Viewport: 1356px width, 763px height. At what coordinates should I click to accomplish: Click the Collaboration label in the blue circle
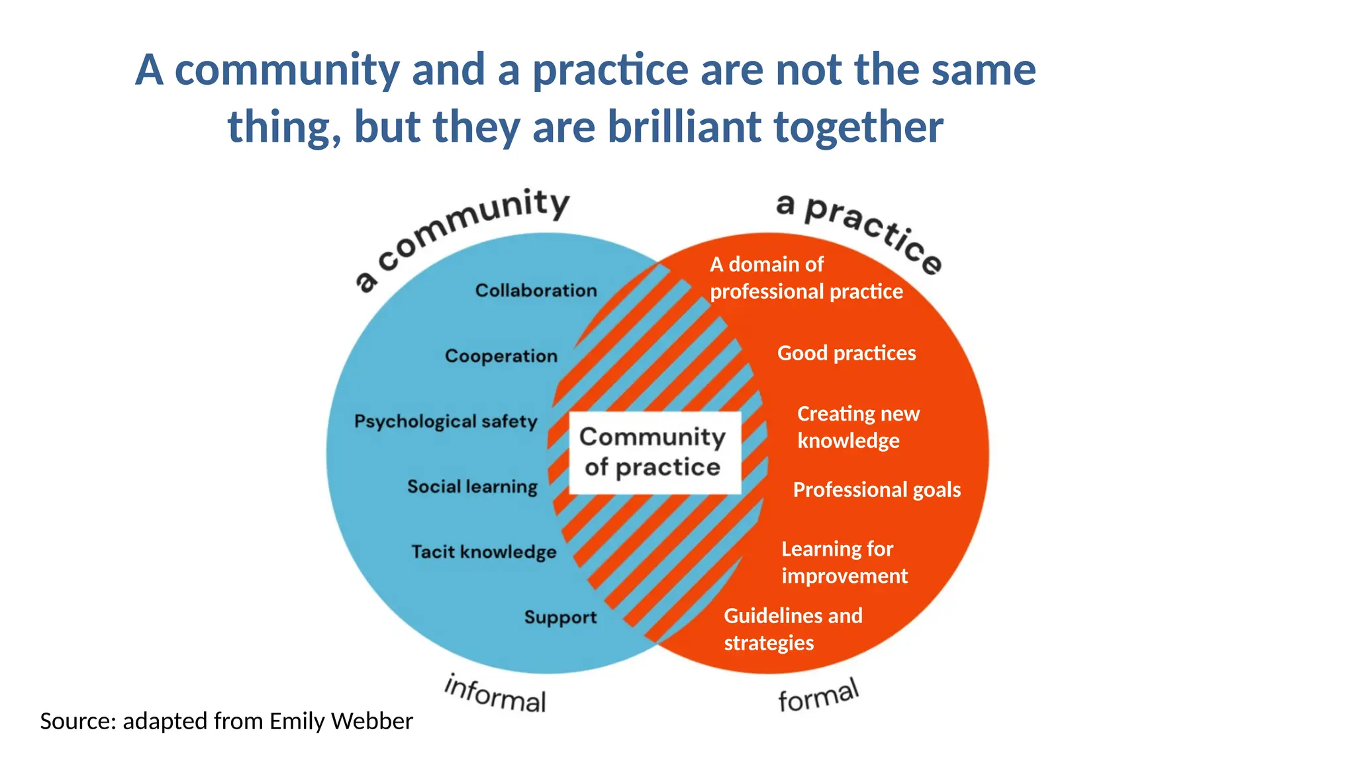[536, 290]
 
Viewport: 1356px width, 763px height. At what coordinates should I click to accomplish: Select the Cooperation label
[501, 356]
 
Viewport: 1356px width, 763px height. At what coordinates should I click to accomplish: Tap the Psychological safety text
[446, 421]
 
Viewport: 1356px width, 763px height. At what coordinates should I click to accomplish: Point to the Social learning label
[472, 486]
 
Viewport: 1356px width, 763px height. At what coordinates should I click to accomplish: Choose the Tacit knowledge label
[483, 552]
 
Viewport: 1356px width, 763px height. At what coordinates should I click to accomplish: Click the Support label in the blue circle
[560, 617]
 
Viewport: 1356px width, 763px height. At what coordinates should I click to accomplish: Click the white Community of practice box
[654, 452]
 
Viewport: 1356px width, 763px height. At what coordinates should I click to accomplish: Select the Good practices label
[846, 353]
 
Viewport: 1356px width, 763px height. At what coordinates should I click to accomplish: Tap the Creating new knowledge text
[857, 427]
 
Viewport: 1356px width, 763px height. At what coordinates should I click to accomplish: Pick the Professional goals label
[877, 489]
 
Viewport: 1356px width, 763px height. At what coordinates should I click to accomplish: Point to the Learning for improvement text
[844, 562]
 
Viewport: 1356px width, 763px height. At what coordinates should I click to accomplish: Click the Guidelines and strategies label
[793, 629]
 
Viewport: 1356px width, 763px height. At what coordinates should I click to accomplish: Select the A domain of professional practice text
[806, 278]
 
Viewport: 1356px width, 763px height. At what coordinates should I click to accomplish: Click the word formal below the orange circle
[818, 696]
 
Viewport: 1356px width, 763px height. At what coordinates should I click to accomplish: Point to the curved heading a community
[463, 232]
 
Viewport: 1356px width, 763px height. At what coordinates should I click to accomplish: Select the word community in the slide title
[287, 70]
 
